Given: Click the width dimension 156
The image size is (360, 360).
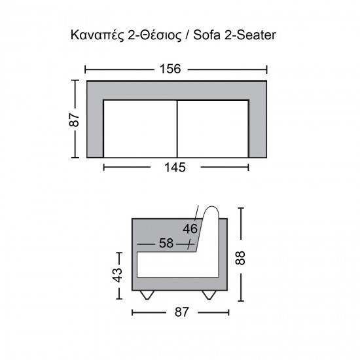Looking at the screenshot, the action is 170,69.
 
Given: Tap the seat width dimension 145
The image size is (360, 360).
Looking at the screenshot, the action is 175,168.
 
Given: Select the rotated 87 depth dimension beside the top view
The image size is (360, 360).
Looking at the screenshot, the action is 74,120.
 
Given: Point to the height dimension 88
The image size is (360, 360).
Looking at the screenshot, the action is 240,258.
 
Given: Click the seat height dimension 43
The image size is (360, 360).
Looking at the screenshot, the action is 118,275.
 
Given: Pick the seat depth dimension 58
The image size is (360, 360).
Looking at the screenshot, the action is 166,243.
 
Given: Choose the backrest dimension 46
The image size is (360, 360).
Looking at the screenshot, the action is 190,229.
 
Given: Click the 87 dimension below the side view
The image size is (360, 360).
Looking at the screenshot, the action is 181,312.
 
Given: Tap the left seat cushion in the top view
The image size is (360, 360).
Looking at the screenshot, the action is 140,129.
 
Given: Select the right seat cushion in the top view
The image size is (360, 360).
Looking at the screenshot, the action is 213,129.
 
